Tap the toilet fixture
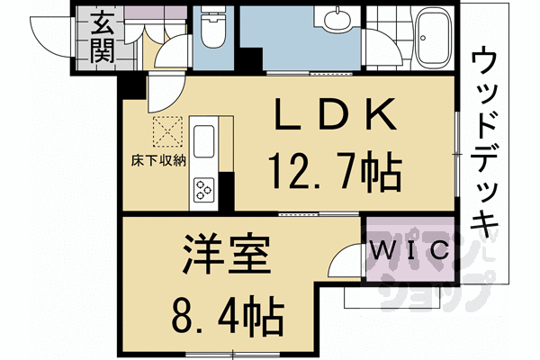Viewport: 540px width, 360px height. pos(213,32)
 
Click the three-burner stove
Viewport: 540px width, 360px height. pos(203,188)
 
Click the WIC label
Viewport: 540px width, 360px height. pos(408,250)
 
